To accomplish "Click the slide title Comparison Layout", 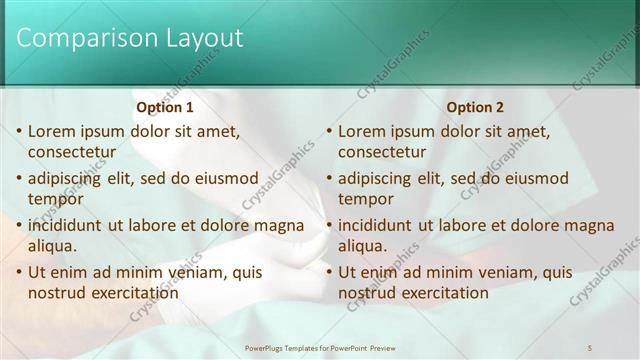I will [x=131, y=39].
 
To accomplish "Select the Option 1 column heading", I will [x=165, y=107].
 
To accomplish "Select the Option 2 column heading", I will [x=475, y=107].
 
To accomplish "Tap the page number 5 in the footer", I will [x=591, y=346].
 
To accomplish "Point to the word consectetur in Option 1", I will [x=72, y=152].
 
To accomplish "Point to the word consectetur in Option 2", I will [x=382, y=152].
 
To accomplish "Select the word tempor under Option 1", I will [x=56, y=199].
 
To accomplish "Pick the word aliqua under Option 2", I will [x=362, y=246].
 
